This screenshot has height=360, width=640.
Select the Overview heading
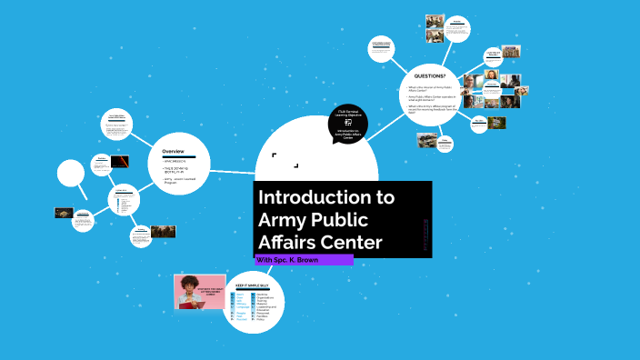pos(174,150)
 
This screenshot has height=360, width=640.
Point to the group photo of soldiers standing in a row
pos(163,232)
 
